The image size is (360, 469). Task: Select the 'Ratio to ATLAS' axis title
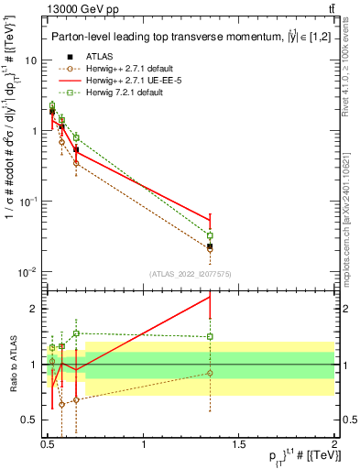(13, 365)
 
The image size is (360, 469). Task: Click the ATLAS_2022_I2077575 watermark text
(191, 272)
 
